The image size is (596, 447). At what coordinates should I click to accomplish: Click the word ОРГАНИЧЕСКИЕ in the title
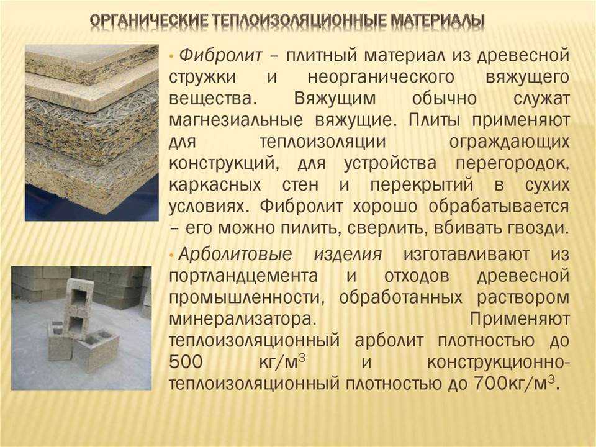[x=148, y=21]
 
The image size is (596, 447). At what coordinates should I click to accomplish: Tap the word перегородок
[x=513, y=164]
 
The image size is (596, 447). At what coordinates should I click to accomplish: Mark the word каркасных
[x=215, y=185]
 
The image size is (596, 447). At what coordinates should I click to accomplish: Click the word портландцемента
[x=243, y=276]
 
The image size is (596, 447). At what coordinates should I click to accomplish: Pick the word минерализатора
[x=243, y=319]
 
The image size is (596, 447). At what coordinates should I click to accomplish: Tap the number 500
[x=186, y=362]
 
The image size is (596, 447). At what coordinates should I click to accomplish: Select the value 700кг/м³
[x=516, y=383]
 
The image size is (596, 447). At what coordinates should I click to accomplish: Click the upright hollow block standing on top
[x=79, y=308]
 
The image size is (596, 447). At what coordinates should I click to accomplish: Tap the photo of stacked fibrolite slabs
[x=92, y=133]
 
